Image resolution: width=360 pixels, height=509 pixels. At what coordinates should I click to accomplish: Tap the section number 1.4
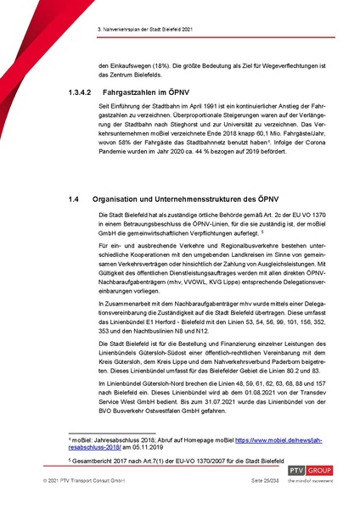click(x=74, y=198)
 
